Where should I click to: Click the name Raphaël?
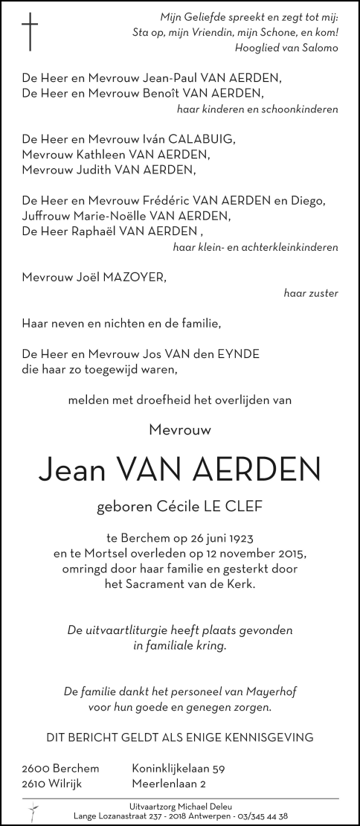click(x=97, y=231)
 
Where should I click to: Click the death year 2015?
click(x=291, y=554)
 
